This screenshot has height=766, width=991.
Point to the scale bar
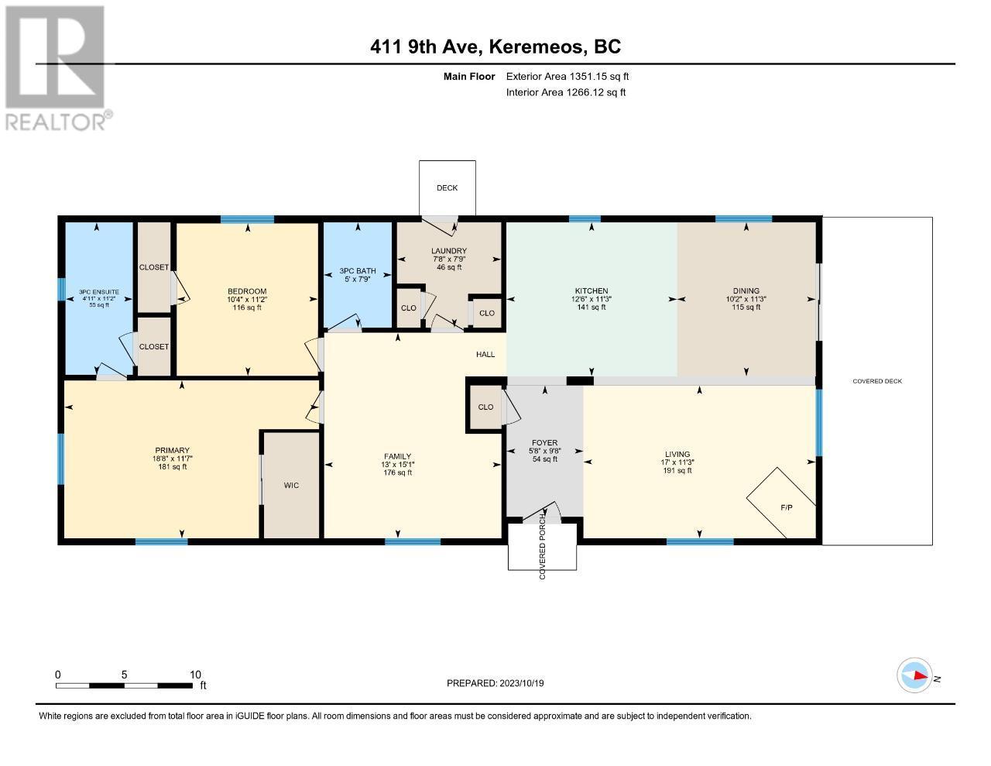click(x=124, y=685)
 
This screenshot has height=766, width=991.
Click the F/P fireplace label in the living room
click(x=787, y=507)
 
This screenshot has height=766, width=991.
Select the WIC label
click(x=291, y=486)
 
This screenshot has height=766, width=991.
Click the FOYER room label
click(x=544, y=442)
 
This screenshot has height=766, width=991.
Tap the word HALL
click(x=485, y=355)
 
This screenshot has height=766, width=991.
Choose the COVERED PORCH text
click(x=542, y=546)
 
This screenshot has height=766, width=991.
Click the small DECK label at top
click(x=447, y=188)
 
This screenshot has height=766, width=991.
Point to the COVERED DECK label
click(x=877, y=381)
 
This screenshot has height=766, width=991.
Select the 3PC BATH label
click(x=358, y=271)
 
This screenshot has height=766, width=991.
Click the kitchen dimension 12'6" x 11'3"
click(x=592, y=299)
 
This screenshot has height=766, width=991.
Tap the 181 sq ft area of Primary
click(x=172, y=467)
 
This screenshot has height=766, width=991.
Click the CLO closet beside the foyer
click(x=485, y=407)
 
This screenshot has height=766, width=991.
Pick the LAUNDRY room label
click(x=449, y=251)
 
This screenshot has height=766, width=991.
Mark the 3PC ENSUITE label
click(x=99, y=292)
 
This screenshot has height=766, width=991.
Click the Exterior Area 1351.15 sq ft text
click(x=568, y=77)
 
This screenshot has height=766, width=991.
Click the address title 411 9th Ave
click(x=427, y=47)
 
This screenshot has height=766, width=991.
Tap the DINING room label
click(x=746, y=290)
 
